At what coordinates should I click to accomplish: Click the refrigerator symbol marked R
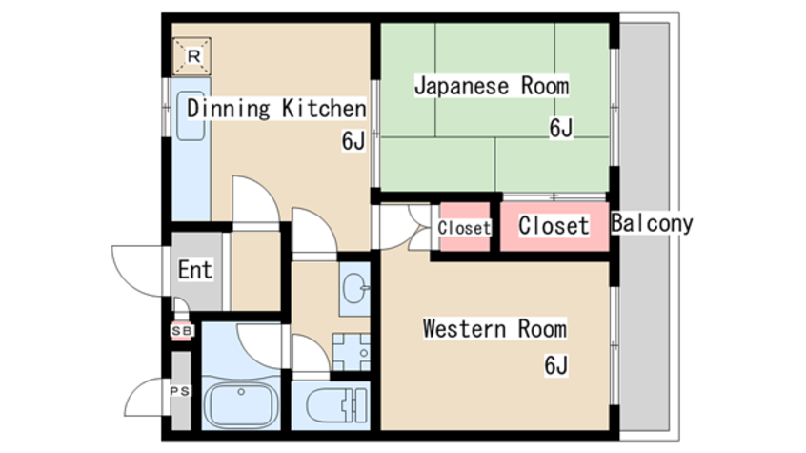pyautogui.click(x=193, y=57)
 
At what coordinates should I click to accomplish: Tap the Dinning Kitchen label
pyautogui.click(x=275, y=108)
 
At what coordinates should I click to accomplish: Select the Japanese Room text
pyautogui.click(x=491, y=87)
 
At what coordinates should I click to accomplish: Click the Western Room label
pyautogui.click(x=494, y=330)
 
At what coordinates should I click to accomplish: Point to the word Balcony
pyautogui.click(x=652, y=225)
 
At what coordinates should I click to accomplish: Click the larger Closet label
pyautogui.click(x=554, y=226)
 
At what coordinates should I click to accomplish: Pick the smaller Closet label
pyautogui.click(x=464, y=228)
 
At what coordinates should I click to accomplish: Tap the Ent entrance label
pyautogui.click(x=194, y=270)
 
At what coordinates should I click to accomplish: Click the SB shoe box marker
pyautogui.click(x=180, y=331)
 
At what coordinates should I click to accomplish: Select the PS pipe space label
pyautogui.click(x=179, y=391)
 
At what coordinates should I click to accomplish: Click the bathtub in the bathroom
pyautogui.click(x=241, y=405)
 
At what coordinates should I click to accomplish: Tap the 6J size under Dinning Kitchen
pyautogui.click(x=353, y=142)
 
